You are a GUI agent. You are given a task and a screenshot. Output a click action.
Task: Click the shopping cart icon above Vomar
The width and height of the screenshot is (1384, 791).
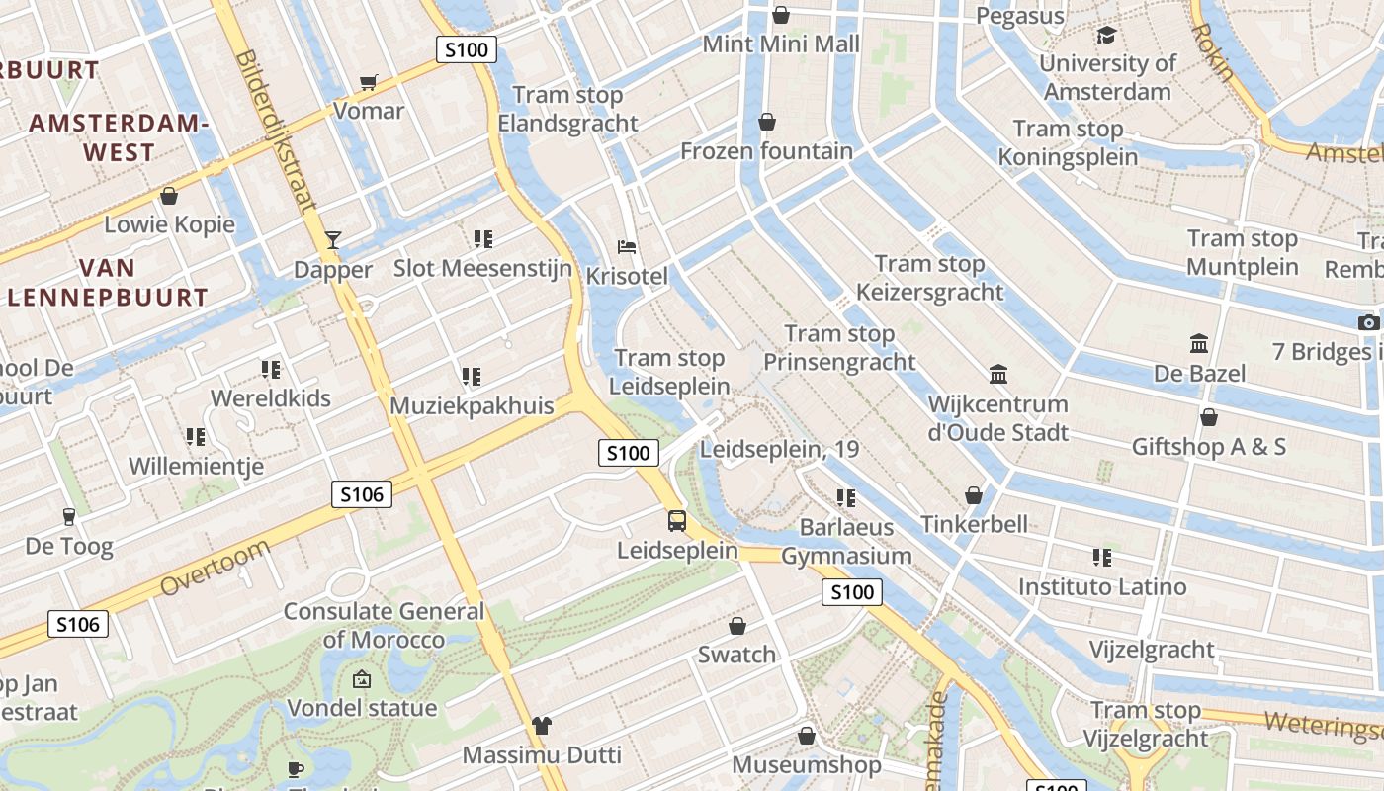pyautogui.click(x=369, y=83)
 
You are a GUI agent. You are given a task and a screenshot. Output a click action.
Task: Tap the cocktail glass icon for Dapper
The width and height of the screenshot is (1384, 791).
pyautogui.click(x=333, y=240)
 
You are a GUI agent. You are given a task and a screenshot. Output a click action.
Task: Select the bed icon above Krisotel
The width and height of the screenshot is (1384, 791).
pyautogui.click(x=626, y=246)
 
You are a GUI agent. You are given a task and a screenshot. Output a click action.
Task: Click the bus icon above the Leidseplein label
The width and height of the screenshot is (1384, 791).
pyautogui.click(x=677, y=520)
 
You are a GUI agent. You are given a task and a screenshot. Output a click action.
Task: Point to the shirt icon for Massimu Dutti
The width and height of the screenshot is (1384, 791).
pyautogui.click(x=541, y=726)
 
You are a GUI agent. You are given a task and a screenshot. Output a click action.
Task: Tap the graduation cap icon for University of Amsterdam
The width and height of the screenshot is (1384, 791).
pyautogui.click(x=1106, y=36)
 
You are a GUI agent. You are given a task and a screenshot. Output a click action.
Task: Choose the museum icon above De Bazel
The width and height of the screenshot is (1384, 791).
pyautogui.click(x=1199, y=344)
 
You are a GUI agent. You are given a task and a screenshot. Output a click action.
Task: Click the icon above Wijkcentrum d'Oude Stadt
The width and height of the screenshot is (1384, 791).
pyautogui.click(x=998, y=375)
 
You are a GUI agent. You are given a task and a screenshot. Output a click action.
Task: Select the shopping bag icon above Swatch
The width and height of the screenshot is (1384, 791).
pyautogui.click(x=736, y=626)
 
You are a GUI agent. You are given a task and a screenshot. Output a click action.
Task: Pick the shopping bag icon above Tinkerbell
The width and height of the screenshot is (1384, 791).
pyautogui.click(x=974, y=495)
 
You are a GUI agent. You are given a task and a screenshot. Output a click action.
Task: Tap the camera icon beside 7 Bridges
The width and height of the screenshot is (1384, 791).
pyautogui.click(x=1368, y=322)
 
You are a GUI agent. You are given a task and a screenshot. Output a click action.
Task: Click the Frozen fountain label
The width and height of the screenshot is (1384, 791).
pyautogui.click(x=766, y=151)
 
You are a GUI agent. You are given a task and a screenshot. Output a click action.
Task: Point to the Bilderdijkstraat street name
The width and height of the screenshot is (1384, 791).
pyautogui.click(x=276, y=129)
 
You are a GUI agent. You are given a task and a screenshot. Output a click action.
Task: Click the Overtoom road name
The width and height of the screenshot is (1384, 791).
pyautogui.click(x=215, y=569)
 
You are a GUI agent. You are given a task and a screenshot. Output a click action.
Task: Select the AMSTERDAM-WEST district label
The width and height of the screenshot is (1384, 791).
pyautogui.click(x=119, y=137)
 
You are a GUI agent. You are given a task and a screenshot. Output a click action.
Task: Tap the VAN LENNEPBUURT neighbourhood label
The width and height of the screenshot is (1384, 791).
pyautogui.click(x=107, y=282)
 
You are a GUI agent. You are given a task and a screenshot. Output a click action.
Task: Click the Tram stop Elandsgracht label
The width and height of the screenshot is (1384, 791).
pyautogui.click(x=567, y=109)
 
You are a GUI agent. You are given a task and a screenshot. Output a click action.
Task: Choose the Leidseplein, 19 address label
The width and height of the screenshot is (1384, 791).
pyautogui.click(x=779, y=449)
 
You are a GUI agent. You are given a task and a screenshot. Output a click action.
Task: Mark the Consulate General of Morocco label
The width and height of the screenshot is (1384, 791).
pyautogui.click(x=384, y=625)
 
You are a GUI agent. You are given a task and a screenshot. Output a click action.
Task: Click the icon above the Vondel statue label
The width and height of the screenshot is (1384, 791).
pyautogui.click(x=362, y=679)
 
